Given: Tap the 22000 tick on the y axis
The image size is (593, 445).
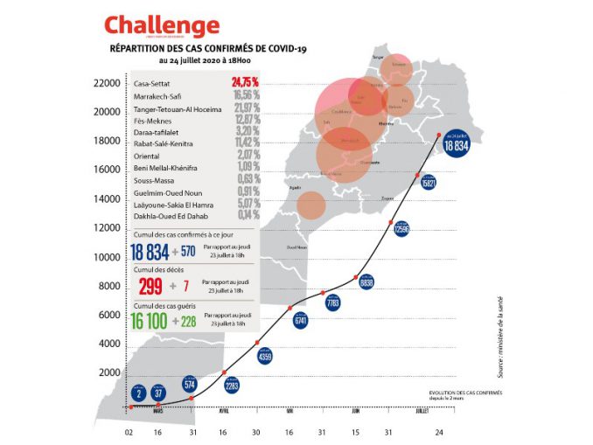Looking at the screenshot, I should point(106,83).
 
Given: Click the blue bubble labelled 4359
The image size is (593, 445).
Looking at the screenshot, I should point(266,356).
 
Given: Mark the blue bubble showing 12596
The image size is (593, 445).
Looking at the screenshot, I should point(402,228).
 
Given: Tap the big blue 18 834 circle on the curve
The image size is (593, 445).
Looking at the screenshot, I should point(459,145).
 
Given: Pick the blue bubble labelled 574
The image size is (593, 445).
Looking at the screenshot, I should point(191,383).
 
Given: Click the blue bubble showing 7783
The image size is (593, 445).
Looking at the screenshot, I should point(332,303).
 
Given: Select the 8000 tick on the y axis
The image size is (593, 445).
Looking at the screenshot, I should point(108,286).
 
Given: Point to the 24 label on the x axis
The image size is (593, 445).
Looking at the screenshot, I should point(440,431).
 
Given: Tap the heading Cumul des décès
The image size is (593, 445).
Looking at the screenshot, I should point(157,270).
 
